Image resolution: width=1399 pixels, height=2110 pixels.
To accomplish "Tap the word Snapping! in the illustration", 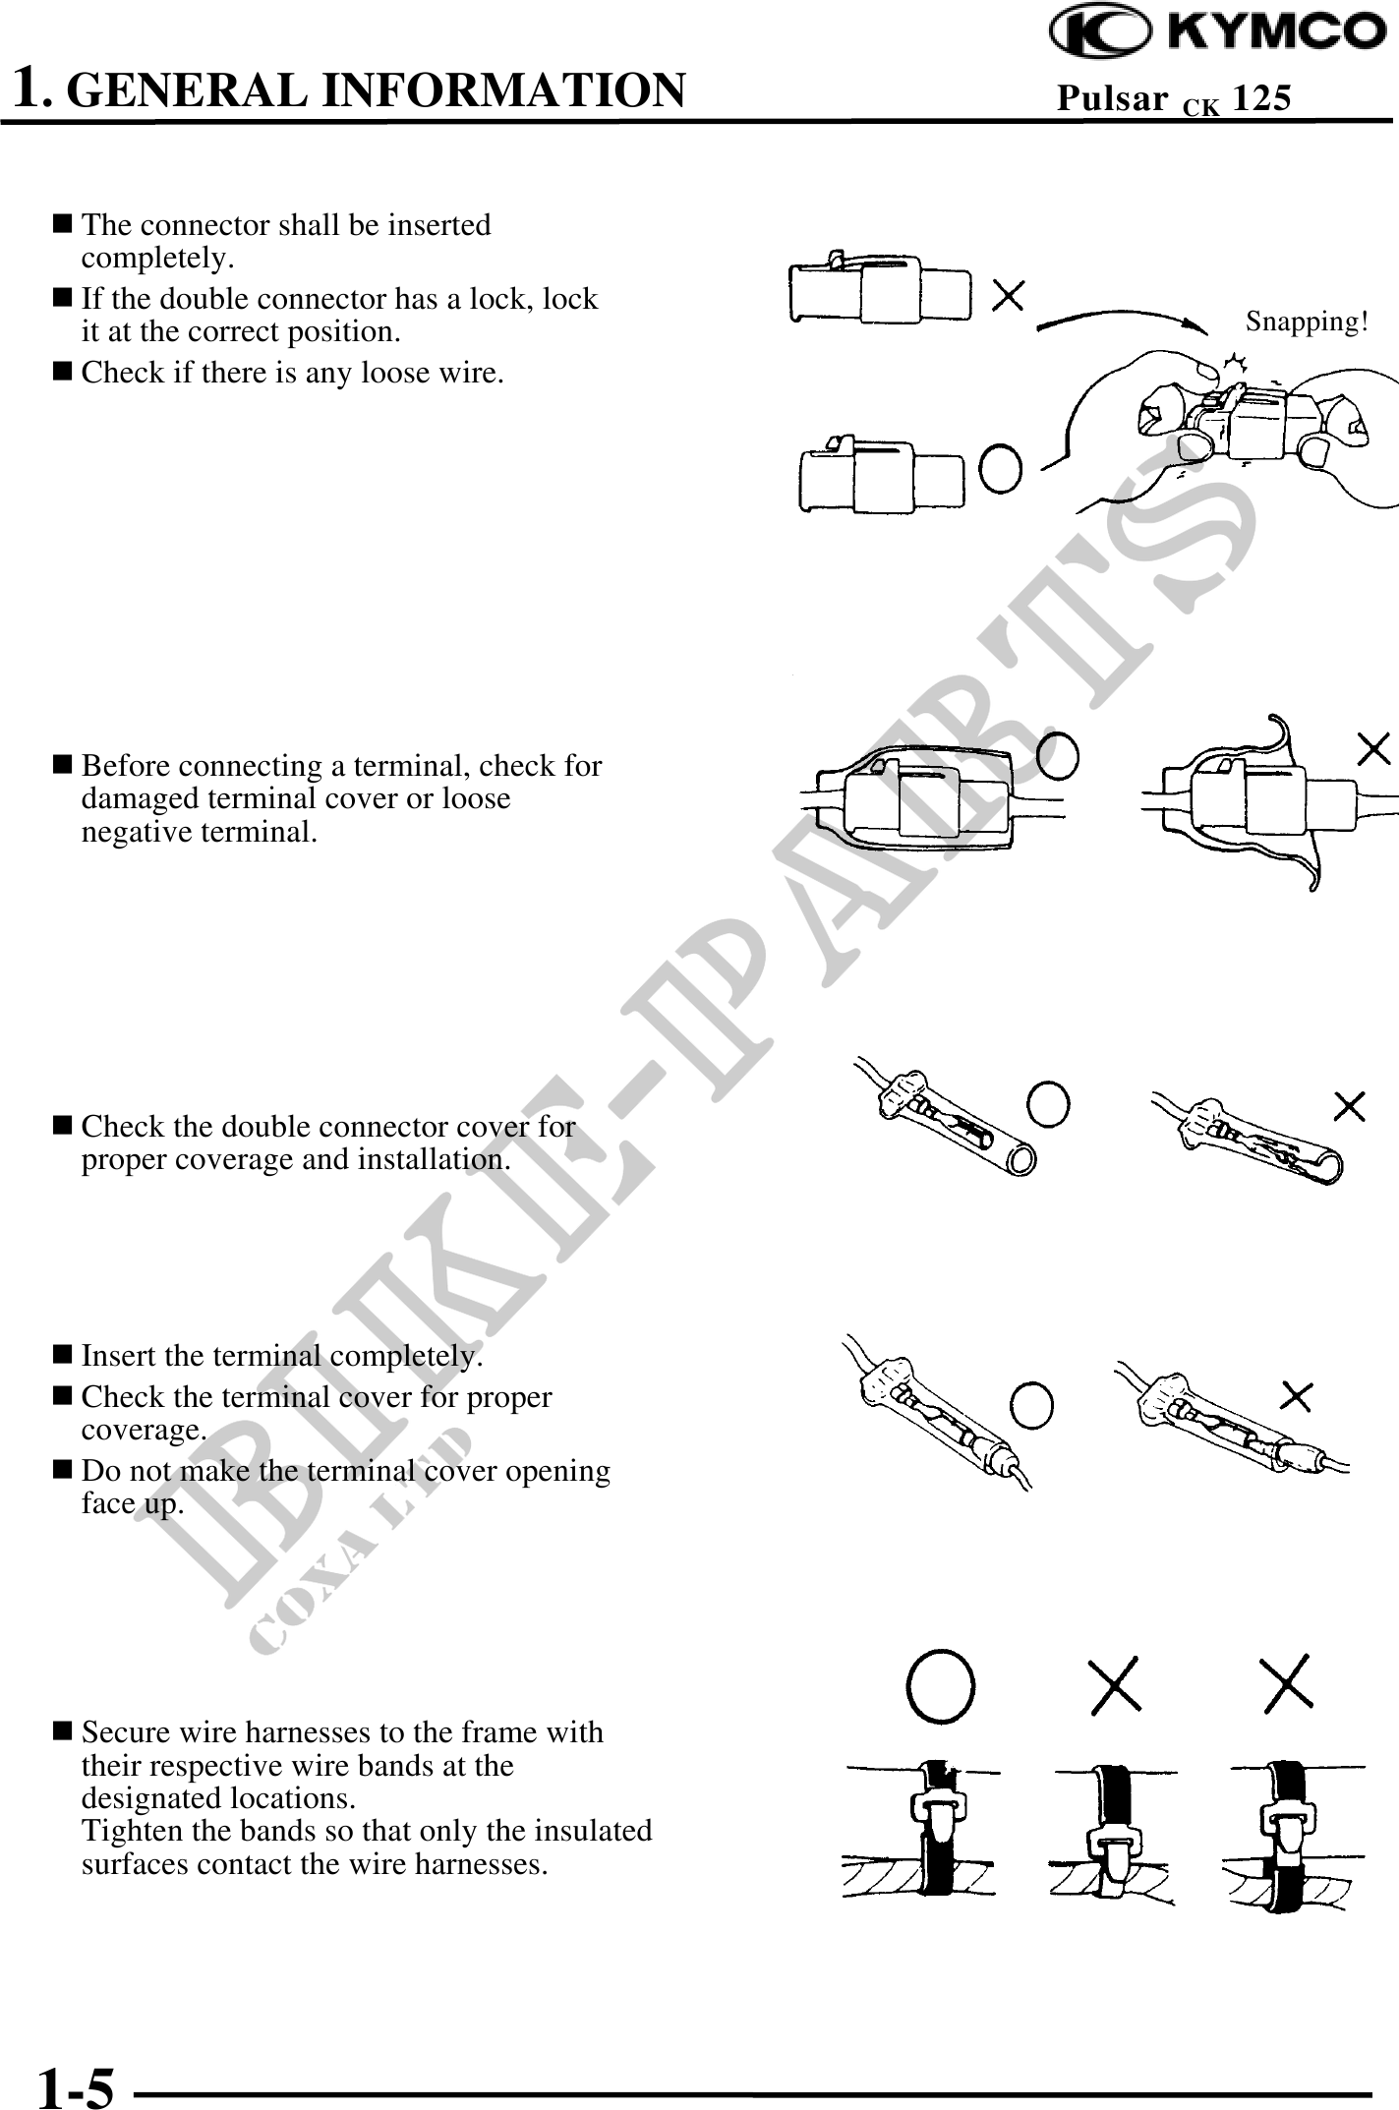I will coord(1307,322).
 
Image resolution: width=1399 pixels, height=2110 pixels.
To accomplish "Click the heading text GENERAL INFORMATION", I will coord(379,89).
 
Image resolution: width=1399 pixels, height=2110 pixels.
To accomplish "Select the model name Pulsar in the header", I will coord(1112,97).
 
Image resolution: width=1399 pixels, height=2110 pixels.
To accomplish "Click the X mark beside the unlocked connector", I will coord(1009,294).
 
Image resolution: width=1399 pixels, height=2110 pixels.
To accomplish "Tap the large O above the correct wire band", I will coord(941,1685).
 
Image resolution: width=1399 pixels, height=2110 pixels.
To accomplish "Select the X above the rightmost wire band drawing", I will coord(1287,1683).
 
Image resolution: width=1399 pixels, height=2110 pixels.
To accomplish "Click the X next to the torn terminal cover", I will coord(1373,749).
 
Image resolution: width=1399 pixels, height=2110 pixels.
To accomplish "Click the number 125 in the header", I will coord(1261,97).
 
